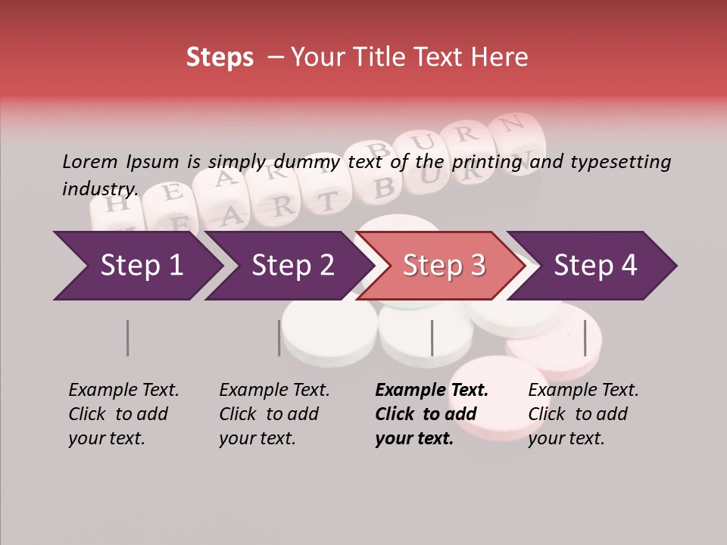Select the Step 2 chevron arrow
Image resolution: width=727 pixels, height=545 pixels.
[292, 266]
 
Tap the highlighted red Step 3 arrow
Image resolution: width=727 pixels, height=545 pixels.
[443, 266]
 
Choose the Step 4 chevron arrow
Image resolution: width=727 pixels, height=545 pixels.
[594, 266]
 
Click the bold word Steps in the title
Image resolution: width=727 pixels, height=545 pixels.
[220, 57]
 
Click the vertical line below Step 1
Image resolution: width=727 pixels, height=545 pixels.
[127, 338]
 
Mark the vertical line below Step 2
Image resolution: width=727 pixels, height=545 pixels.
[279, 338]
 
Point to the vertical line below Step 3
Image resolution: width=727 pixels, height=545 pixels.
[432, 338]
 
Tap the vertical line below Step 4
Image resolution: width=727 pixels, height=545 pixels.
[585, 338]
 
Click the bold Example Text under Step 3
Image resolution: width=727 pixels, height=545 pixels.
[432, 391]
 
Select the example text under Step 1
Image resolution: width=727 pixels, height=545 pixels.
[123, 414]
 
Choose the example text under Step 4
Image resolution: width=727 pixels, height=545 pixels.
[583, 414]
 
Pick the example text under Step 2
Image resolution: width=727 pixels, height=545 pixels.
[274, 414]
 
